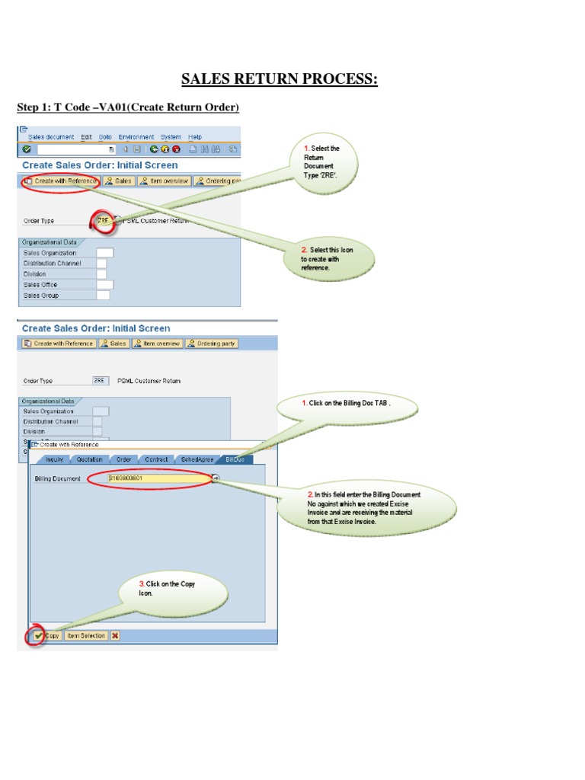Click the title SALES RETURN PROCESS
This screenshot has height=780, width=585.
pyautogui.click(x=278, y=78)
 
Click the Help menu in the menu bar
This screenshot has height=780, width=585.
pyautogui.click(x=195, y=137)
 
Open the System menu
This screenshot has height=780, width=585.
pyautogui.click(x=171, y=137)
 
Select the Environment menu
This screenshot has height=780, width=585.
pyautogui.click(x=136, y=137)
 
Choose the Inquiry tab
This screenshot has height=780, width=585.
pyautogui.click(x=54, y=459)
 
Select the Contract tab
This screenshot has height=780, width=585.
pyautogui.click(x=156, y=459)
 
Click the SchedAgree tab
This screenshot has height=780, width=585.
pyautogui.click(x=197, y=459)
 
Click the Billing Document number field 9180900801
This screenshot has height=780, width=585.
pyautogui.click(x=149, y=478)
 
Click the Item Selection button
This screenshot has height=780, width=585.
pyautogui.click(x=85, y=635)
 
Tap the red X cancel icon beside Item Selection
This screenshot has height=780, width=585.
pyautogui.click(x=115, y=635)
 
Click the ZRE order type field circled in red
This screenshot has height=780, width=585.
pyautogui.click(x=104, y=221)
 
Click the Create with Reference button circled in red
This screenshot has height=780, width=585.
pyautogui.click(x=61, y=181)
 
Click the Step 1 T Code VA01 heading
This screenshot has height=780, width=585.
pyautogui.click(x=128, y=107)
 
